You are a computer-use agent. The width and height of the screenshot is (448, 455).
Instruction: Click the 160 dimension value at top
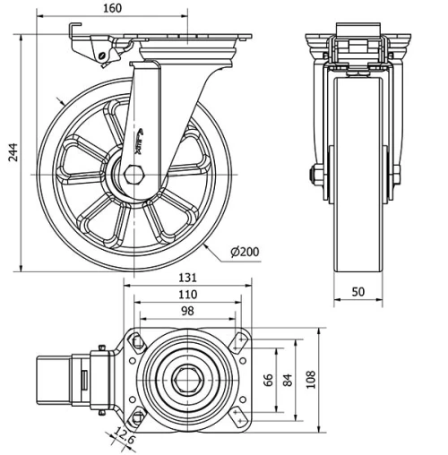click(x=136, y=9)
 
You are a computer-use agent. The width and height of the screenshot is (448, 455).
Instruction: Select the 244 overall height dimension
click(x=11, y=153)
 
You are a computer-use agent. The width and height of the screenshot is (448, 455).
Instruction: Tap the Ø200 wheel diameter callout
click(x=244, y=252)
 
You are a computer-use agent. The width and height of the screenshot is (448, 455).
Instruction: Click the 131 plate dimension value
click(x=185, y=278)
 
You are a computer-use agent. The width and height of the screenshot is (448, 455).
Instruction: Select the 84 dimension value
click(x=287, y=379)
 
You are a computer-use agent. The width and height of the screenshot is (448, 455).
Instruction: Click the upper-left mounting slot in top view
click(x=135, y=340)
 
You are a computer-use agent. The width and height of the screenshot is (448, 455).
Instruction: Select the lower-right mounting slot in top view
click(x=237, y=416)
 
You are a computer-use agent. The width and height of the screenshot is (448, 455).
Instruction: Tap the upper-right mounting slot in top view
click(x=237, y=340)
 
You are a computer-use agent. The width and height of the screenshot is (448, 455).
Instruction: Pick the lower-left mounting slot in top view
click(x=135, y=416)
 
